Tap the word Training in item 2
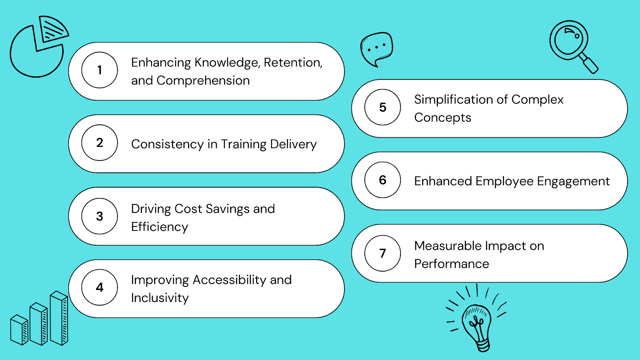pos(244,144)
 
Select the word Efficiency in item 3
pos(160,227)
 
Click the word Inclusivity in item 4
pos(160,298)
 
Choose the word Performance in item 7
pos(452,264)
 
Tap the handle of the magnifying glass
pos(590,64)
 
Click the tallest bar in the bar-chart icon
pos(59,318)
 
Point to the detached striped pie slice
pos(54,28)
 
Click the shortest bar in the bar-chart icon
pos(19,330)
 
